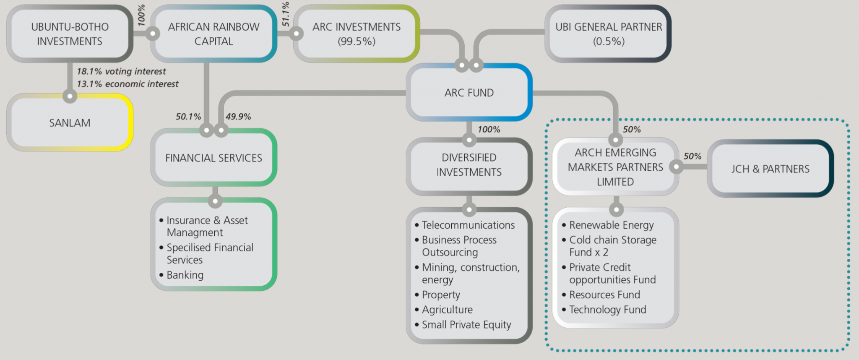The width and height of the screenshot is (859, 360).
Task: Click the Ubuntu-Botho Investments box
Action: pyautogui.click(x=70, y=34)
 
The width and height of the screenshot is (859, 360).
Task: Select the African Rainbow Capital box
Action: pyautogui.click(x=213, y=34)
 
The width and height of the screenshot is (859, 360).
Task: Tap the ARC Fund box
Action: pyautogui.click(x=469, y=93)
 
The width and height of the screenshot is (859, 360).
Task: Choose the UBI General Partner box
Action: pyautogui.click(x=608, y=34)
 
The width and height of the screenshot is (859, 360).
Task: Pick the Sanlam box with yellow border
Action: pyautogui.click(x=70, y=123)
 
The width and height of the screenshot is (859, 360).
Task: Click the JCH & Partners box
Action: pyautogui.click(x=770, y=169)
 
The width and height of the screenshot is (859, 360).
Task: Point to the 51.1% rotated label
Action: pyautogui.click(x=286, y=14)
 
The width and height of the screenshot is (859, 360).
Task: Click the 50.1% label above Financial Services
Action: pyautogui.click(x=188, y=117)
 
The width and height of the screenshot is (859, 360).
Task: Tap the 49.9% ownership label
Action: pyautogui.click(x=238, y=117)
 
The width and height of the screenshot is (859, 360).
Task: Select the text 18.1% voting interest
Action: pyautogui.click(x=121, y=71)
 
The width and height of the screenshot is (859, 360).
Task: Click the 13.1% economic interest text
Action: pyautogui.click(x=128, y=84)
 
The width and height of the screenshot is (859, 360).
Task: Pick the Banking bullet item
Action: pyautogui.click(x=185, y=275)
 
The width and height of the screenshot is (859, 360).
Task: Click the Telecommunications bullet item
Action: pyautogui.click(x=468, y=225)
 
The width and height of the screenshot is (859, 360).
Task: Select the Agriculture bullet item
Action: pyautogui.click(x=447, y=310)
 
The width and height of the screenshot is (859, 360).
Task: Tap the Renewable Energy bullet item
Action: pyautogui.click(x=611, y=225)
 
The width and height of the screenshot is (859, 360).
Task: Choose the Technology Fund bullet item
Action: pyautogui.click(x=607, y=310)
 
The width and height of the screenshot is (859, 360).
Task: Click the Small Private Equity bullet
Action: pyautogui.click(x=466, y=325)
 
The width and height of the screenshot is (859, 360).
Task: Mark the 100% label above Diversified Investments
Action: pyautogui.click(x=489, y=129)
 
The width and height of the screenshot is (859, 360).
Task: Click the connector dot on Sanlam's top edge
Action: pyautogui.click(x=70, y=96)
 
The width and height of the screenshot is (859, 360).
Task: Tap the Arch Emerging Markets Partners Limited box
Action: pyautogui.click(x=615, y=167)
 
